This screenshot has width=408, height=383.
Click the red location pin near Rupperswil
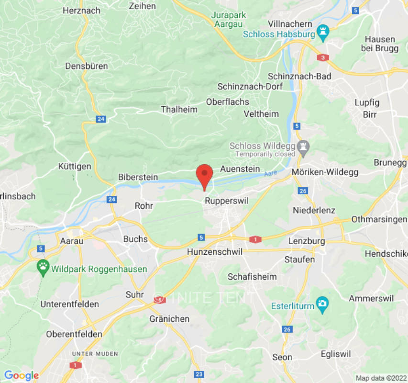(x=205, y=175)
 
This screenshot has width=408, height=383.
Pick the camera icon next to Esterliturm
(x=323, y=304)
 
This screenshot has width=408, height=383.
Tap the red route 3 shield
(x=323, y=57)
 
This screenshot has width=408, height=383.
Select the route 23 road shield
(x=199, y=374)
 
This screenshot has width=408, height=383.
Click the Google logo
(x=21, y=375)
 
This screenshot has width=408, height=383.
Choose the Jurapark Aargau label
(x=229, y=20)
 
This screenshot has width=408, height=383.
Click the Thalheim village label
(x=179, y=110)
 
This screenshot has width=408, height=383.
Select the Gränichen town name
(x=169, y=319)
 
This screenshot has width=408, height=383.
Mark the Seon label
(x=282, y=357)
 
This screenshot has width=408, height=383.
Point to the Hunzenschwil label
(x=215, y=252)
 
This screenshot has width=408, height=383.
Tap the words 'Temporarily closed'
(x=265, y=154)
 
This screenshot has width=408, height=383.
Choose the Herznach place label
(x=81, y=10)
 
